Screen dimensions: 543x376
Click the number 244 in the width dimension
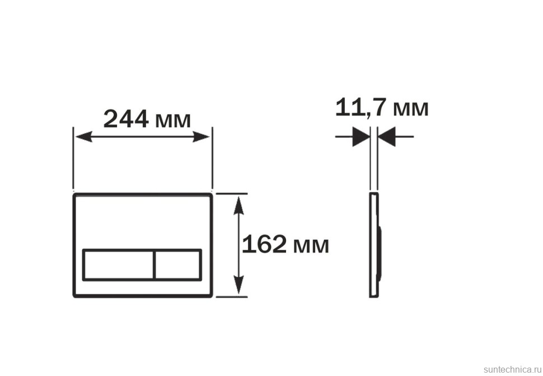(126, 119)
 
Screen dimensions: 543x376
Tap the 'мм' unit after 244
(173, 121)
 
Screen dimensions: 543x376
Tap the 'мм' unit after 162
(311, 247)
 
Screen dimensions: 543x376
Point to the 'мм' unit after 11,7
(411, 109)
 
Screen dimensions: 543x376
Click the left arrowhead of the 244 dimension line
(83, 137)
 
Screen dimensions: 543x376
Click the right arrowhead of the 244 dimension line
(201, 137)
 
